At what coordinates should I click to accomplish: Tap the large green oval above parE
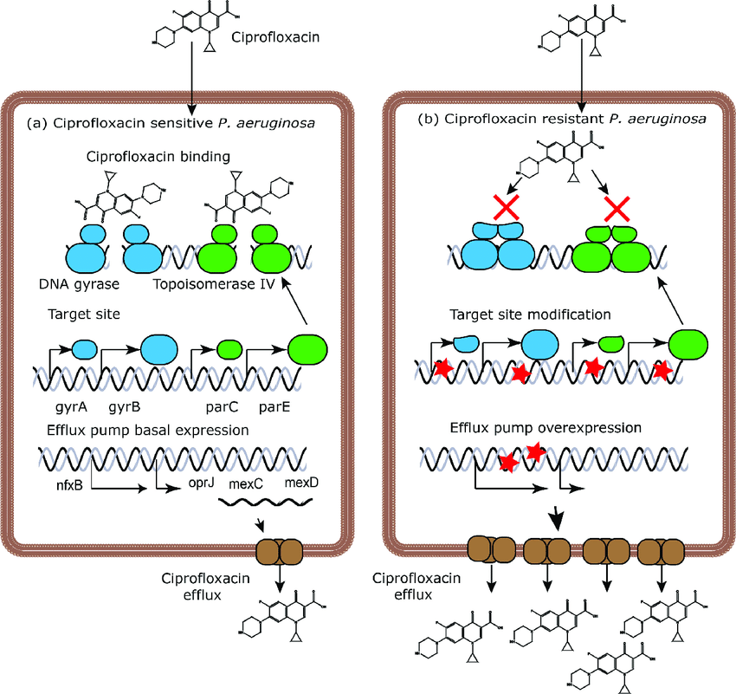(x=307, y=347)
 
